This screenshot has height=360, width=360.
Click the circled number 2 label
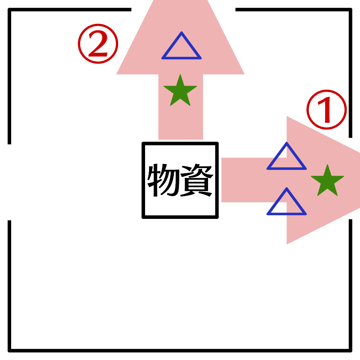[98, 44]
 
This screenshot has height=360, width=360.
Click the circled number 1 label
[327, 110]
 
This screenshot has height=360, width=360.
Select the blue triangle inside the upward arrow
[181, 49]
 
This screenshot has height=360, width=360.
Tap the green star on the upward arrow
[180, 91]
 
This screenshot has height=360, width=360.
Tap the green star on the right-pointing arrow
[327, 181]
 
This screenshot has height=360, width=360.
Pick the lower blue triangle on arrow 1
[287, 204]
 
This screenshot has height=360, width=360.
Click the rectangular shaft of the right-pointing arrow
[245, 180]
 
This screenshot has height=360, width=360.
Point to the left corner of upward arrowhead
[117, 74]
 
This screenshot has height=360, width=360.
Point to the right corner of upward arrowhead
[244, 74]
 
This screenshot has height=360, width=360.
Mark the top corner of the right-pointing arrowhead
[287, 117]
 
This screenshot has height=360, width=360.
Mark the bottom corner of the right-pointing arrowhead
[287, 243]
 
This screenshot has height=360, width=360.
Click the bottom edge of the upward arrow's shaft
[181, 139]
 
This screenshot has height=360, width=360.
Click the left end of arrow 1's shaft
[222, 180]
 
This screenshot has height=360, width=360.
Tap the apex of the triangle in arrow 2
[181, 33]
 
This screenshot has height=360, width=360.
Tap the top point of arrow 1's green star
[327, 165]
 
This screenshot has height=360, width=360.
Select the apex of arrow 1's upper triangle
[287, 143]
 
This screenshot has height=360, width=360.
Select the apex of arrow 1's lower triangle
[287, 189]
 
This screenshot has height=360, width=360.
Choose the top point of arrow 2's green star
[180, 75]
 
